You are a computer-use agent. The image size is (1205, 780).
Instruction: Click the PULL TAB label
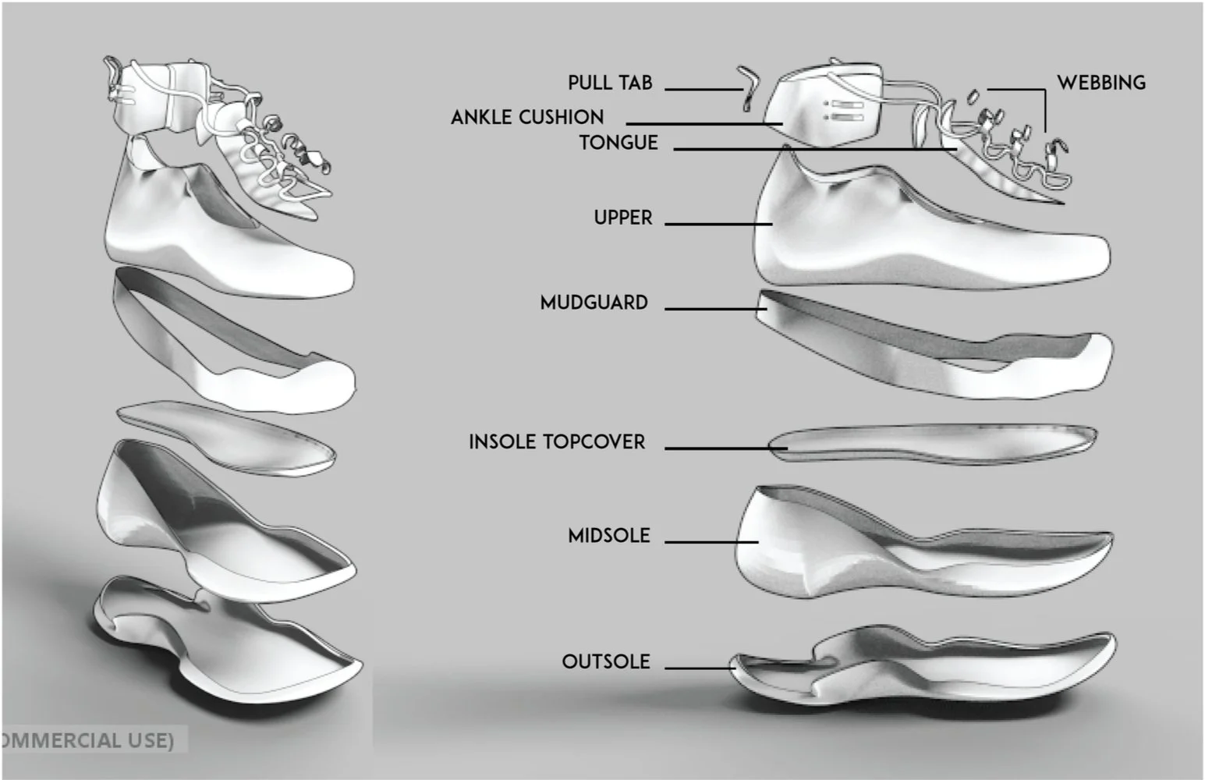coord(610,83)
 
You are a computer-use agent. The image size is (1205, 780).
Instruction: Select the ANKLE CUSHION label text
coord(527,118)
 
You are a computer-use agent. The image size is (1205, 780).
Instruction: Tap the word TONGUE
coord(618,143)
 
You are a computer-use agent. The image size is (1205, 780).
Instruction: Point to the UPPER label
coord(622,218)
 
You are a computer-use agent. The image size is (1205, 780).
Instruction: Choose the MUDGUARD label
coord(594,303)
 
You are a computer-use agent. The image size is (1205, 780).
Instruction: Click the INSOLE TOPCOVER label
coord(557,442)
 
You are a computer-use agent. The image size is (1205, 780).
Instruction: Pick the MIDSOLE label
coord(608,536)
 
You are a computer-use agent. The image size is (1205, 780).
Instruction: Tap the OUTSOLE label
coord(605,661)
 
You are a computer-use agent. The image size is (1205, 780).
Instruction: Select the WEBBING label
coord(1100,83)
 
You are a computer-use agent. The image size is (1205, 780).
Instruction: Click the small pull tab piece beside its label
coord(749,87)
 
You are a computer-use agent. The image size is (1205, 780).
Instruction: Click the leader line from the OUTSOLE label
coord(698,668)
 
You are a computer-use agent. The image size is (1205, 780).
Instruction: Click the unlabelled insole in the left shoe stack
coord(226,437)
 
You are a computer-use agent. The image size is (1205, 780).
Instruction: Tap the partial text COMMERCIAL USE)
coord(87,739)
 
